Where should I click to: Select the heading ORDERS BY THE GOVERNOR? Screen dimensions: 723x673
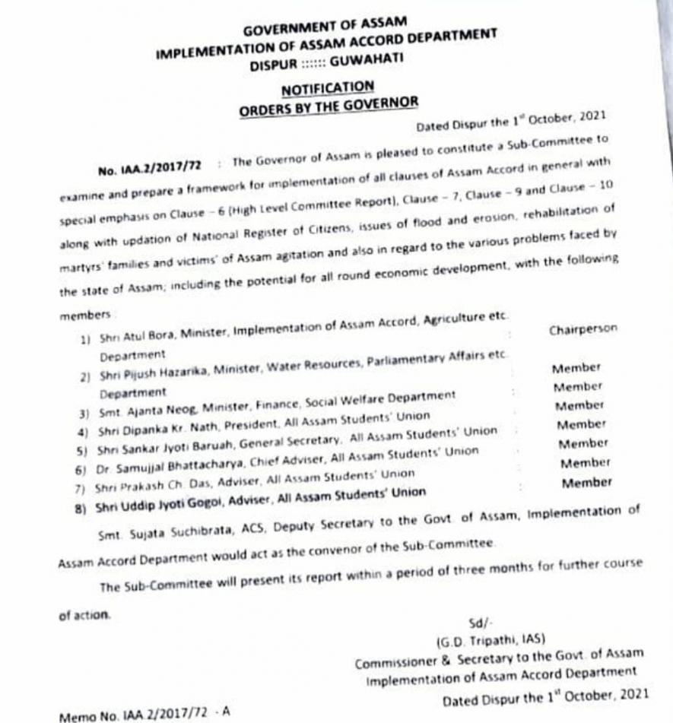point(329,106)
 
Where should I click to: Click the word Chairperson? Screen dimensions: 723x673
point(583,330)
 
